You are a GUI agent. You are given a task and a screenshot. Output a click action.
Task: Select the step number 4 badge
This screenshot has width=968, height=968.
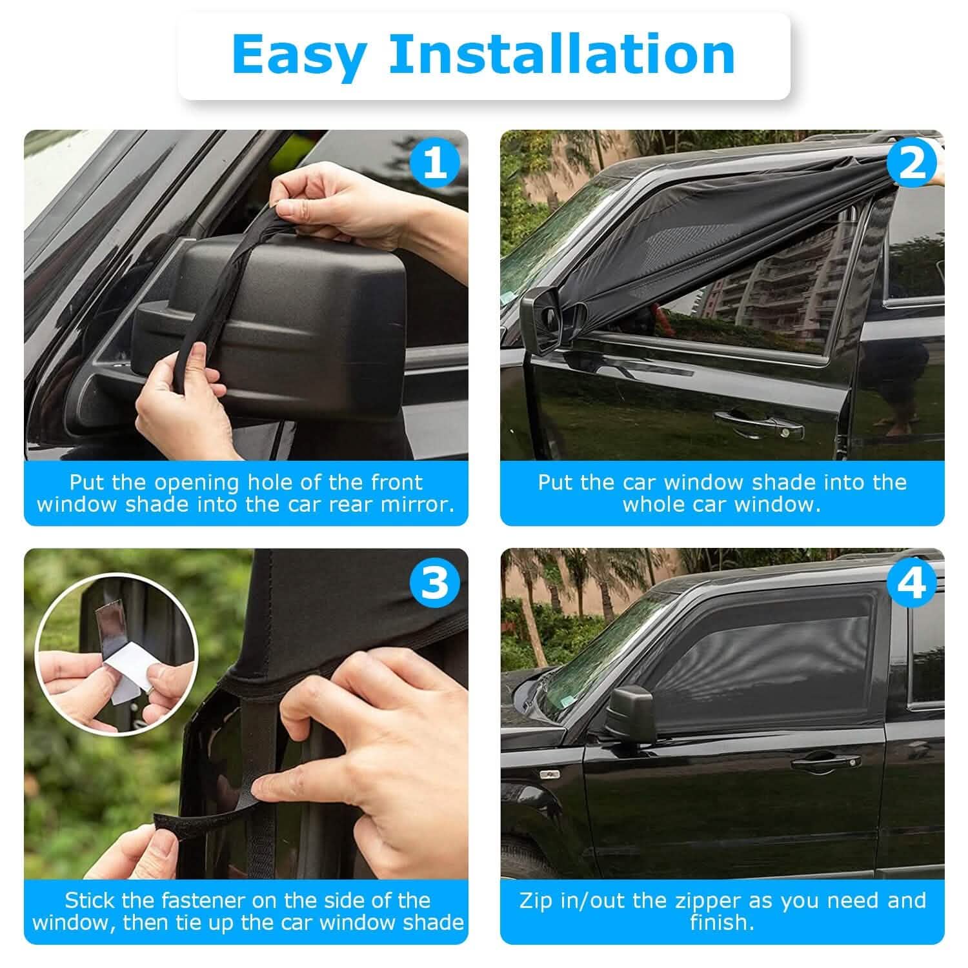[x=911, y=582]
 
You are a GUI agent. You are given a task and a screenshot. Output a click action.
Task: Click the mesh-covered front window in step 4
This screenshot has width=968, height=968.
[x=774, y=652]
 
